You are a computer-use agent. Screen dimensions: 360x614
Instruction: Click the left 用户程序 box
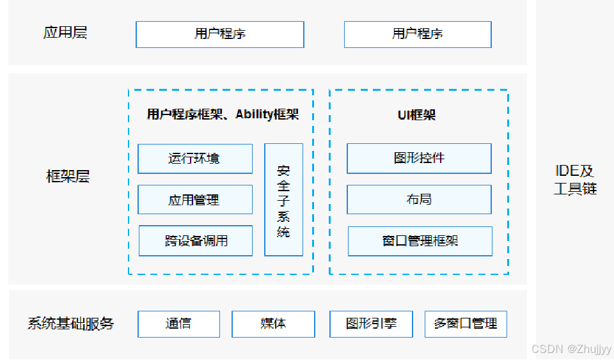pos(219,34)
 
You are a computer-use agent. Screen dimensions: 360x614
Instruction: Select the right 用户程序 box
pos(418,34)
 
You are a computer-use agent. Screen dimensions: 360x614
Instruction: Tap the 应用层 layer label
pos(65,33)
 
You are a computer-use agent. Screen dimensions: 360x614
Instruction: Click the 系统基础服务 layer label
pos(70,324)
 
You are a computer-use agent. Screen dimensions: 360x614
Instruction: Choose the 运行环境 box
pos(195,158)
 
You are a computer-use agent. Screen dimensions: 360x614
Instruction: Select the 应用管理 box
pos(195,200)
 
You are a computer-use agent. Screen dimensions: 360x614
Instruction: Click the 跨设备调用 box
pos(196,241)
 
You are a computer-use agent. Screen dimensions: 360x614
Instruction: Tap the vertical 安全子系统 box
pos(283,200)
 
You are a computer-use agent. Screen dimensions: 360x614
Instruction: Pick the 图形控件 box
pos(419,158)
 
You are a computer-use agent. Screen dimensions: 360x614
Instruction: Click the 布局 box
pos(419,200)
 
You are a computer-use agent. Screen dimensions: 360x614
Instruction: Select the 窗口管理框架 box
pos(420,241)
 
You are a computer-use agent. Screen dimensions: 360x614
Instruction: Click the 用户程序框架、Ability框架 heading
pos(222,115)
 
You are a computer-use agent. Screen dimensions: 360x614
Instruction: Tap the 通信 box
pos(178,324)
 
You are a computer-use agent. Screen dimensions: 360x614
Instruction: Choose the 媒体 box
pos(273,324)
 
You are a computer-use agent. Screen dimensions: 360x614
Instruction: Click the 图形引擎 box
pos(371,324)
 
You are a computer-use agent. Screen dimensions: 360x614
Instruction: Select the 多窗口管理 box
pos(466,324)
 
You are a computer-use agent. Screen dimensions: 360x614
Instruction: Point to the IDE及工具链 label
pos(574,180)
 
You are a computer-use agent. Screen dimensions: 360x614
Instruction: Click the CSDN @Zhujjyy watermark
pos(571,349)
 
